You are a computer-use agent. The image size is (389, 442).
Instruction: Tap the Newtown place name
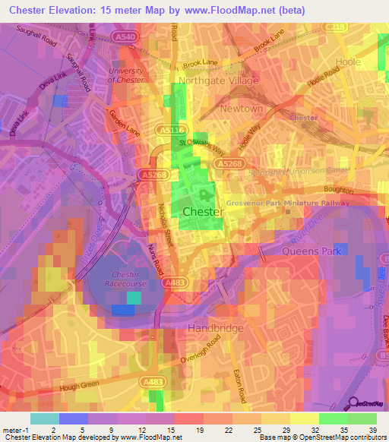241,109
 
